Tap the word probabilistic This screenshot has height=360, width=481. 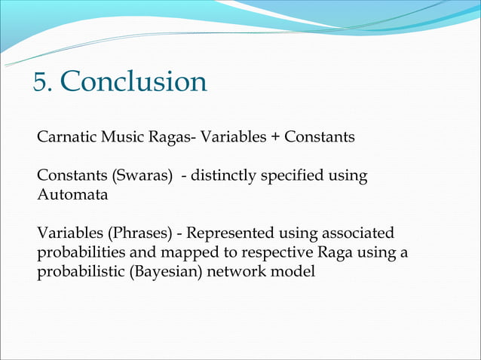[82, 271]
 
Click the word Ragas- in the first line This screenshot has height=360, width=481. [170, 138]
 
